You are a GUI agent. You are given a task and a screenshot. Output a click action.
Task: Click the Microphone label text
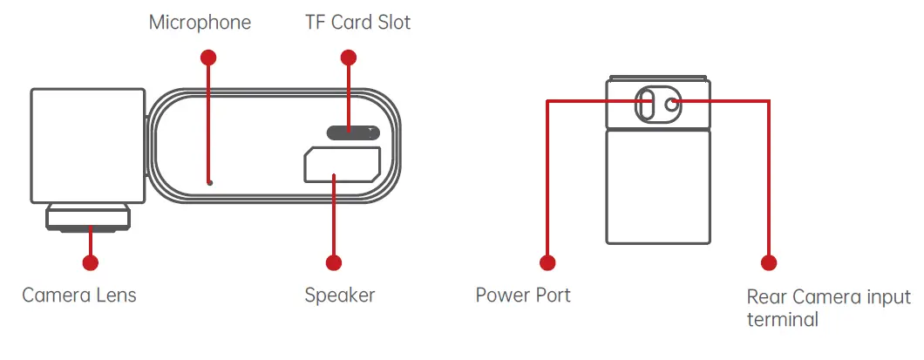tap(200, 23)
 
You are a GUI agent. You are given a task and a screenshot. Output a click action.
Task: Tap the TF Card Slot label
tap(357, 23)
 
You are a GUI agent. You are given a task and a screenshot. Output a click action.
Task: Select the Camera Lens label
tap(79, 295)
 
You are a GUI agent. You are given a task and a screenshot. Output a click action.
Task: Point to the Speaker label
tap(340, 295)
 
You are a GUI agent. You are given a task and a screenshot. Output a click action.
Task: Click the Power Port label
tap(523, 295)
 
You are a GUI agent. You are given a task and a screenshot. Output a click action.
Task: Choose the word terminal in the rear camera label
tap(783, 320)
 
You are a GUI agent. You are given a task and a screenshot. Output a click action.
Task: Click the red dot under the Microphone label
tap(207, 58)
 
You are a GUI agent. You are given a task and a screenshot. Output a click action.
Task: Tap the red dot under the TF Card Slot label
tap(349, 58)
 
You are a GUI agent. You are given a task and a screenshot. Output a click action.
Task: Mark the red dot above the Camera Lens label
tap(89, 262)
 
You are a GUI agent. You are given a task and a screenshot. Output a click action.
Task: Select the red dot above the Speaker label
tap(332, 262)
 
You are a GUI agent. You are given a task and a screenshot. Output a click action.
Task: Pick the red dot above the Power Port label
tap(547, 262)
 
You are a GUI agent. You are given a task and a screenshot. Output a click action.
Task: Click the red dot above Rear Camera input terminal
tap(768, 262)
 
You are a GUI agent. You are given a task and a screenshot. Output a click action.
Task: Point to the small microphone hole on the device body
tap(210, 183)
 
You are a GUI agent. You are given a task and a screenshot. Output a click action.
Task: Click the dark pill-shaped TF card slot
tap(353, 132)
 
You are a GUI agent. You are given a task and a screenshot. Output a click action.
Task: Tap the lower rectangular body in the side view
tap(658, 187)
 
